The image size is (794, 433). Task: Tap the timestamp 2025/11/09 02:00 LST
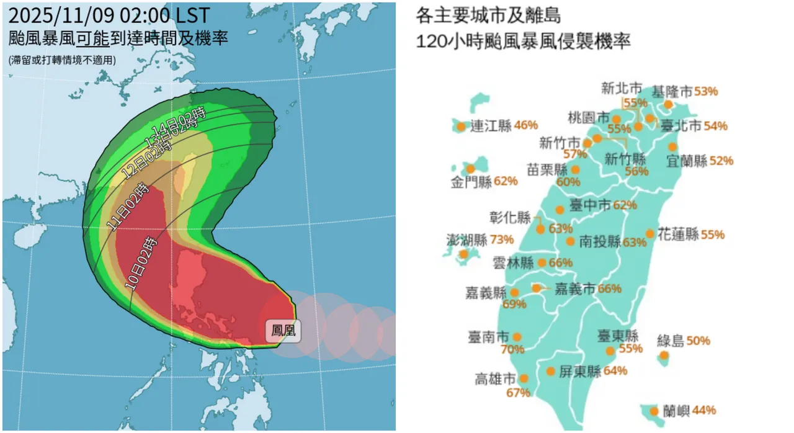click(x=109, y=15)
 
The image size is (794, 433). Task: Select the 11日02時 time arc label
click(x=128, y=208)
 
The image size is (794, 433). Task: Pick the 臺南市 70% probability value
click(x=513, y=349)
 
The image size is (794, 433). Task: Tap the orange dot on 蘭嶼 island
click(x=654, y=411)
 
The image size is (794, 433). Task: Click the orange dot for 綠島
click(x=664, y=355)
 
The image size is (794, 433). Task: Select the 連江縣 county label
click(x=491, y=126)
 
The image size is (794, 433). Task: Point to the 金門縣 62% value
click(x=506, y=182)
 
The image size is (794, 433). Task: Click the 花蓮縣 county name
click(x=678, y=234)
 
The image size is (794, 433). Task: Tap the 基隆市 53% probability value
click(x=706, y=91)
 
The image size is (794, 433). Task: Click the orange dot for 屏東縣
click(x=551, y=372)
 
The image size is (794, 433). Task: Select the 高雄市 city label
click(x=496, y=378)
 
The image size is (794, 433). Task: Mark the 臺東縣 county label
click(x=618, y=336)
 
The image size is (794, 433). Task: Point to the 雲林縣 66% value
click(x=560, y=262)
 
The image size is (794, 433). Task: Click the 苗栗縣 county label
click(x=547, y=169)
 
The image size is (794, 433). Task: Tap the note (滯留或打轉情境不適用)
click(x=62, y=60)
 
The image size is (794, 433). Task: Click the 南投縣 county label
click(x=600, y=242)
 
